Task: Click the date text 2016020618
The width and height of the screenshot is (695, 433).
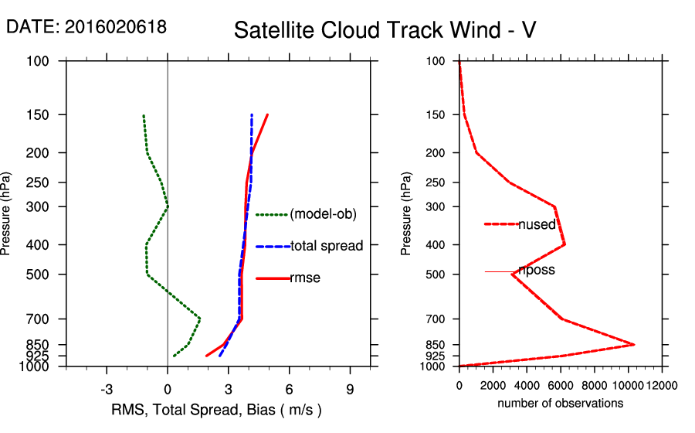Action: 115,27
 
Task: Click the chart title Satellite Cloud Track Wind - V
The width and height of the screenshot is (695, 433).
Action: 385,30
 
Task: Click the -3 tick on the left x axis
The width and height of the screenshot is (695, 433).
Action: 107,389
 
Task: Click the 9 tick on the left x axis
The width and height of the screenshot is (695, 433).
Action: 350,389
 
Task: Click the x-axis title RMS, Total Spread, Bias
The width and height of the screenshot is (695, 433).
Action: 216,409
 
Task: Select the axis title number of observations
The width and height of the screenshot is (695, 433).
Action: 560,404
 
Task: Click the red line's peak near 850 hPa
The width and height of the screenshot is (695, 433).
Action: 634,344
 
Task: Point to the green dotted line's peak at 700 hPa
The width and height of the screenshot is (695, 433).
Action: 200,319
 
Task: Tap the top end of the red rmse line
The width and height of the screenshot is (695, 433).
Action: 267,114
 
